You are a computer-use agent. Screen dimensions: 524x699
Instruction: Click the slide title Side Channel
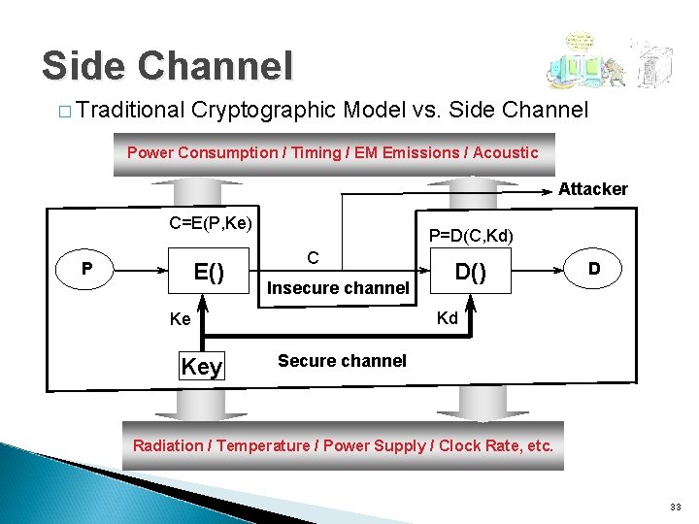click(166, 66)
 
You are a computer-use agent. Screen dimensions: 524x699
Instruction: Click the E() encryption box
click(209, 272)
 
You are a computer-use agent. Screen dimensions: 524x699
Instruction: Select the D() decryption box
click(472, 272)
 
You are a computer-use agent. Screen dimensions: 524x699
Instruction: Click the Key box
click(202, 366)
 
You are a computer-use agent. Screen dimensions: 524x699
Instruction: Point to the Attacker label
click(592, 189)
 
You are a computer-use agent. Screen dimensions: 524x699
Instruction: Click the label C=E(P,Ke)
click(211, 224)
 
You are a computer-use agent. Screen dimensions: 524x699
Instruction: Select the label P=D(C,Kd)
click(471, 236)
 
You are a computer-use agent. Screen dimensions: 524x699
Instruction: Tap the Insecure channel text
click(338, 288)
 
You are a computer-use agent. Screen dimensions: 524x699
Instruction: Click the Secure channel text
click(342, 361)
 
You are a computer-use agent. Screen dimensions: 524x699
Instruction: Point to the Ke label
click(180, 319)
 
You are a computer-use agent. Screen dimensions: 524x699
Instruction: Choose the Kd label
click(447, 318)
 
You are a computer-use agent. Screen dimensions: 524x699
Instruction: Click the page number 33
click(676, 507)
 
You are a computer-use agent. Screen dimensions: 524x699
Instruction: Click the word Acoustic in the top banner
click(505, 152)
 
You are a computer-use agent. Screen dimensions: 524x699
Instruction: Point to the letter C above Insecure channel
click(313, 257)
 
